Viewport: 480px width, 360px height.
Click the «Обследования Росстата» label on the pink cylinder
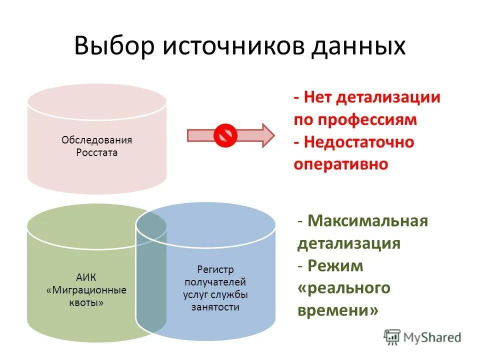pyautogui.click(x=96, y=146)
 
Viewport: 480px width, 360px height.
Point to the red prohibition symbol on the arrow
pyautogui.click(x=224, y=135)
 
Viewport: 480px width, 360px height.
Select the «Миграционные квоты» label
pyautogui.click(x=85, y=296)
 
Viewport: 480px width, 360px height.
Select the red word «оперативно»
pyautogui.click(x=341, y=164)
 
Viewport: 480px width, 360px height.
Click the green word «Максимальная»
pyautogui.click(x=368, y=220)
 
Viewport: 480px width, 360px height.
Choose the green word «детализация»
pyautogui.click(x=349, y=243)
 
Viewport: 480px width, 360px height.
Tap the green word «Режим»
pyautogui.click(x=335, y=266)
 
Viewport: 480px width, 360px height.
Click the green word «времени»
pyautogui.click(x=337, y=310)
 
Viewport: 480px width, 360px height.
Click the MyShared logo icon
pyautogui.click(x=392, y=336)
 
